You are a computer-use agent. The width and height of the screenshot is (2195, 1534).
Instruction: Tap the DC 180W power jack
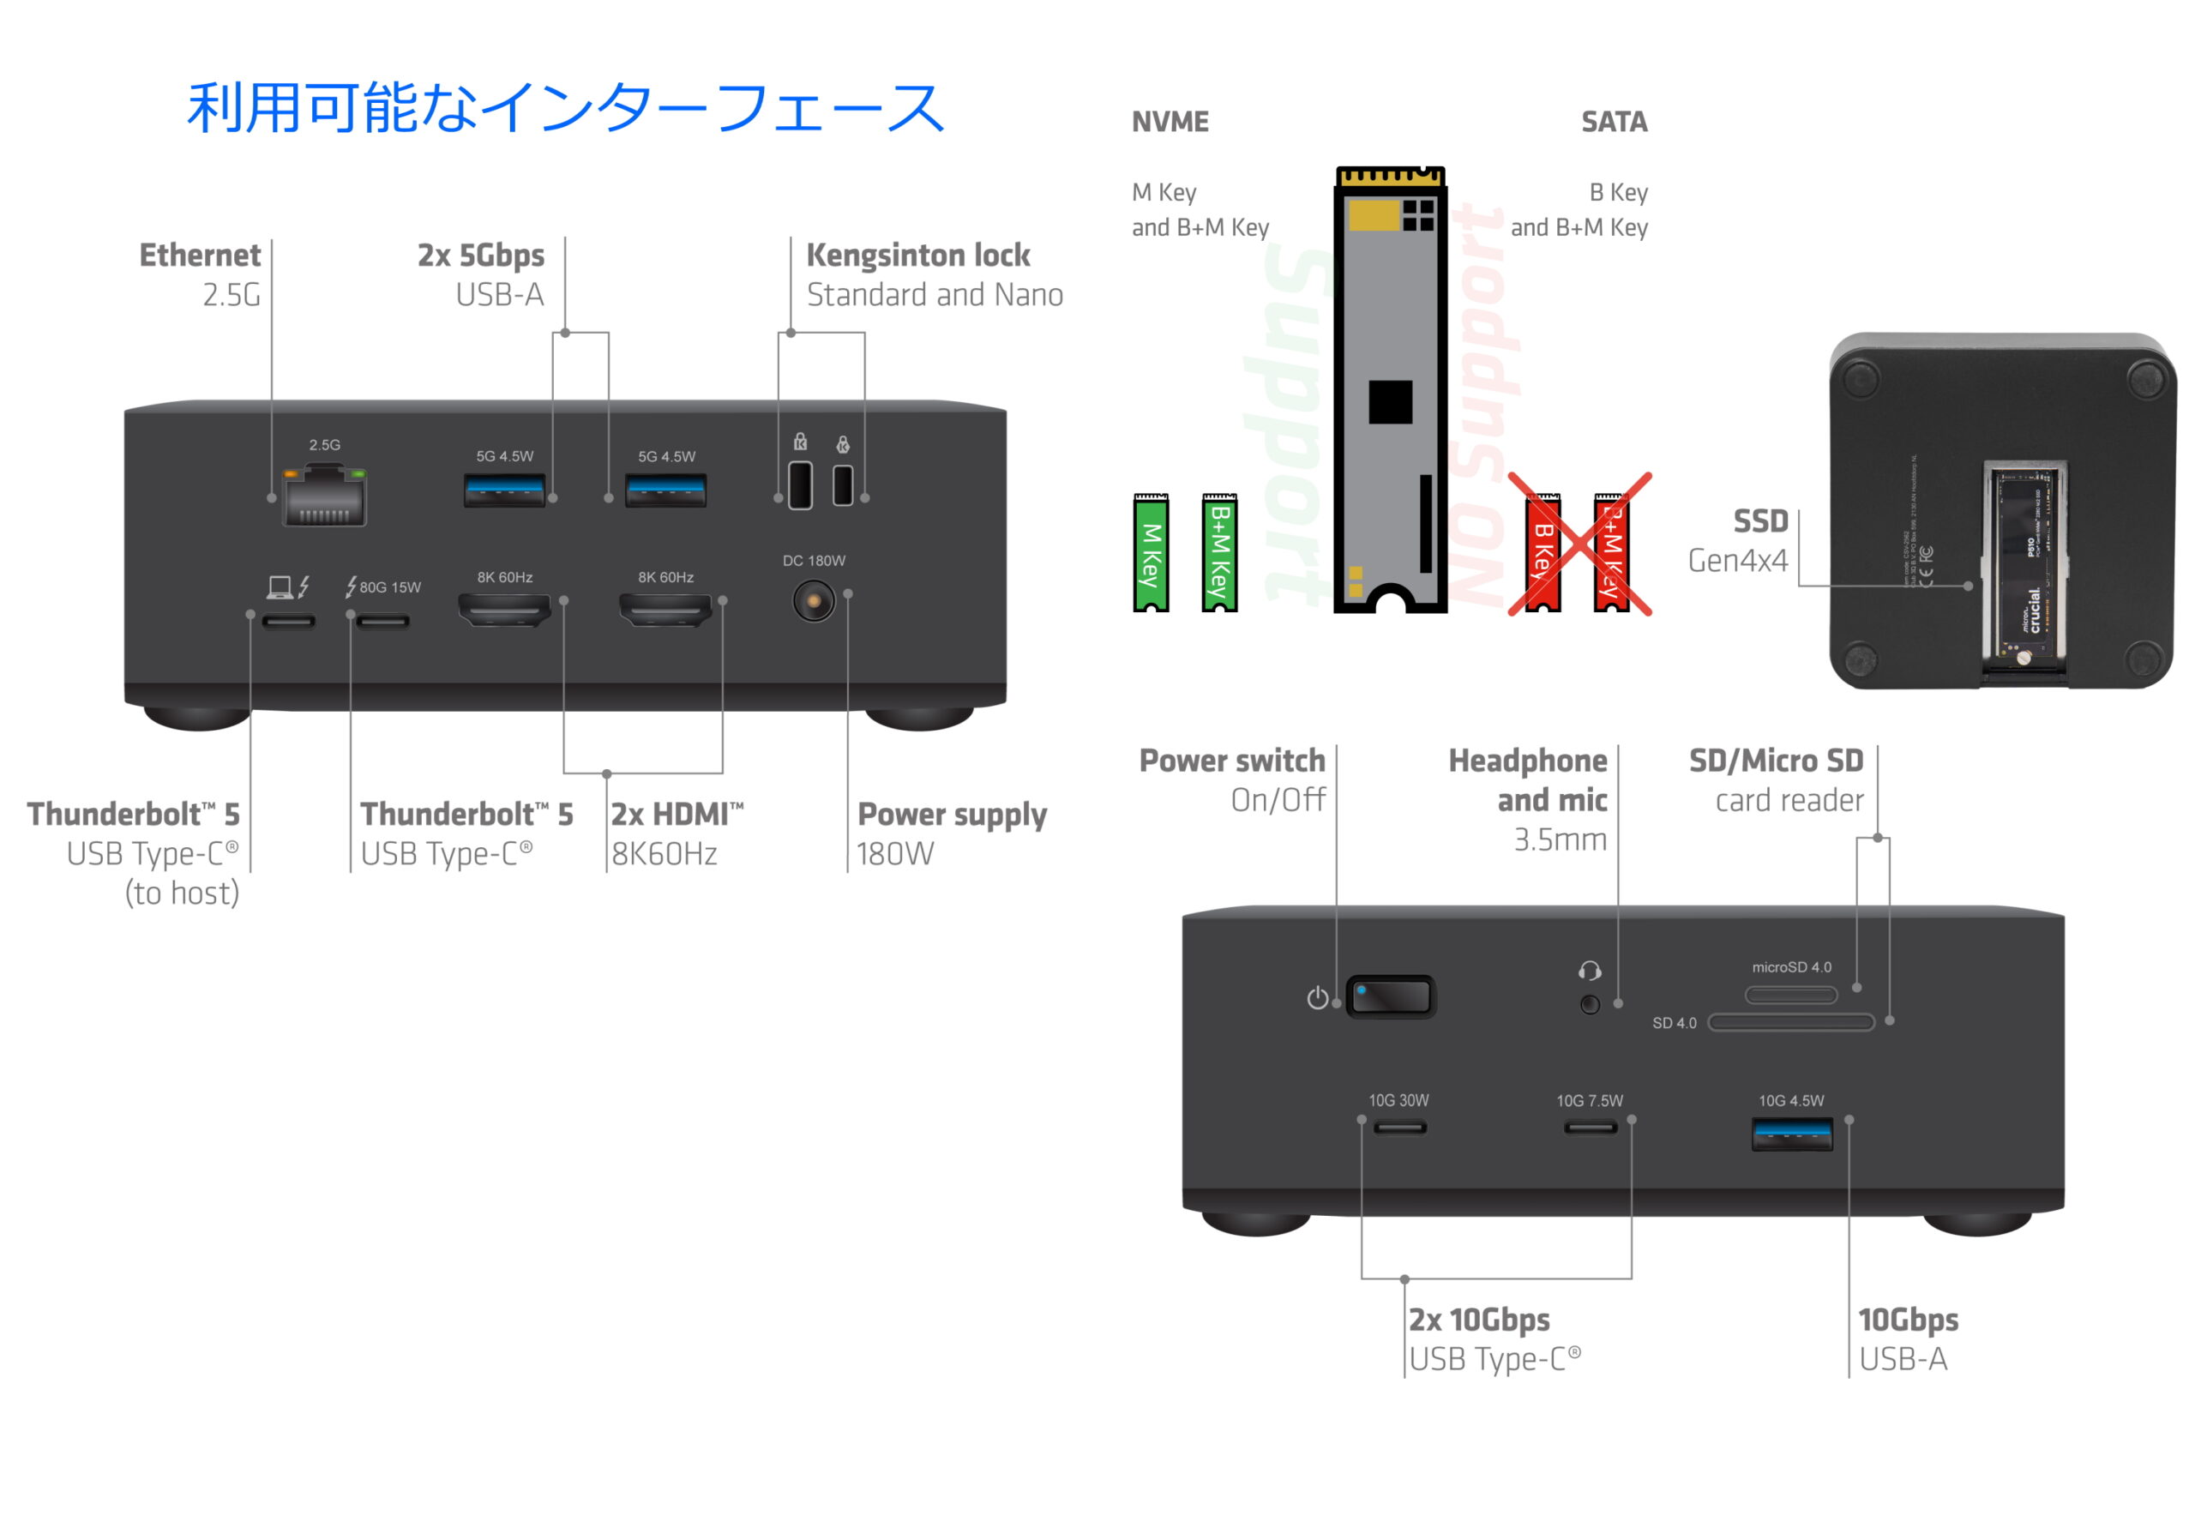pyautogui.click(x=814, y=601)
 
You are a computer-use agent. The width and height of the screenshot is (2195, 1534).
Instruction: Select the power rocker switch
pyautogui.click(x=1391, y=997)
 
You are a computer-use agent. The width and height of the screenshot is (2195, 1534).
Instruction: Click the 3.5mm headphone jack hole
pyautogui.click(x=1590, y=1004)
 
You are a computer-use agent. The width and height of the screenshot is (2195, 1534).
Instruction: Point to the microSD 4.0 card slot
pyautogui.click(x=1790, y=995)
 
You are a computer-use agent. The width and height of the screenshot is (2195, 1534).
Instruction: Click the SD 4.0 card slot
pyautogui.click(x=1790, y=1023)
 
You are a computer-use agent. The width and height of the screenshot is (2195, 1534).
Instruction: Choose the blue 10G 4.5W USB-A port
pyautogui.click(x=1791, y=1134)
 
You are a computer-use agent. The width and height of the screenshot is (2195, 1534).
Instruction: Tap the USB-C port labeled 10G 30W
pyautogui.click(x=1399, y=1128)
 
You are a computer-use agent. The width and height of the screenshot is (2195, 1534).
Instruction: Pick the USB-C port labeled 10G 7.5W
pyautogui.click(x=1590, y=1128)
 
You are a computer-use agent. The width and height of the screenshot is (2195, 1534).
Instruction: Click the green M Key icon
pyautogui.click(x=1151, y=553)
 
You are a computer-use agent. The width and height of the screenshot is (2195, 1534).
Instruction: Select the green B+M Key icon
pyautogui.click(x=1219, y=553)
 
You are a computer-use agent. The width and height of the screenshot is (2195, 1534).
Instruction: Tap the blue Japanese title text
pyautogui.click(x=565, y=107)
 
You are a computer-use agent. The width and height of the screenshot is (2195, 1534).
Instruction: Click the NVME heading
pyautogui.click(x=1170, y=123)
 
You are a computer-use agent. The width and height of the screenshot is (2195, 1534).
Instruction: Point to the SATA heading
pyautogui.click(x=1614, y=123)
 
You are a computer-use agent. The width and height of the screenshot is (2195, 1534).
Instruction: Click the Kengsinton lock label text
pyautogui.click(x=917, y=256)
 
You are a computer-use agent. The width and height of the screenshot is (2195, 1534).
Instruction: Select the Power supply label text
pyautogui.click(x=951, y=815)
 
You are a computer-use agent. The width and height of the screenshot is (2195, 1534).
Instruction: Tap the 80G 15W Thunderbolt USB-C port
pyautogui.click(x=382, y=623)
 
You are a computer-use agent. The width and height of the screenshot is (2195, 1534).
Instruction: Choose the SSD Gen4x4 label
pyautogui.click(x=1738, y=540)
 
